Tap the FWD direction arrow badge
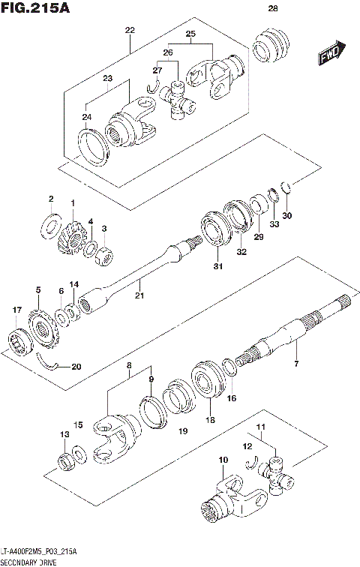pyautogui.click(x=331, y=53)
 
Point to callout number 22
pyautogui.click(x=129, y=30)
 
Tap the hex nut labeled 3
pyautogui.click(x=106, y=255)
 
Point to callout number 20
pyautogui.click(x=75, y=367)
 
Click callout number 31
pyautogui.click(x=217, y=266)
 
